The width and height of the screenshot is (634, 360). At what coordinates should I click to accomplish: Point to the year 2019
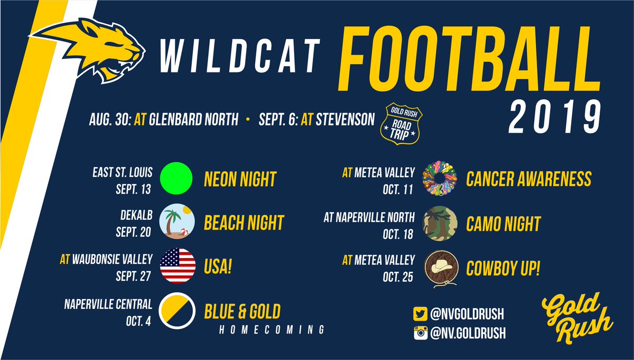coord(555,117)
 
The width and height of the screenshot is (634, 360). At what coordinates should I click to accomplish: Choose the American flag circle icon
coord(178,266)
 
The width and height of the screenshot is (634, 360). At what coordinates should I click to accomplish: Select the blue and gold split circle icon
coord(178,311)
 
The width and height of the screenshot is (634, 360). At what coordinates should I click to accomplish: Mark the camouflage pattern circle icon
coord(440,223)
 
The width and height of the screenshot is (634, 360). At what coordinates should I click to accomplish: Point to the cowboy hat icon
coord(440,268)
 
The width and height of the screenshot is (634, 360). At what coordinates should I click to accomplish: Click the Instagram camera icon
coord(420,333)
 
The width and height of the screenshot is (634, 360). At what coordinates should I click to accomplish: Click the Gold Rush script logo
coord(577,317)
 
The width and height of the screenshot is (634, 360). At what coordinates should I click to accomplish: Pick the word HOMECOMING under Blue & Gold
coord(272,329)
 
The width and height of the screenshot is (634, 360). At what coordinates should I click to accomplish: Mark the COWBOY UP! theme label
coord(503,268)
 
